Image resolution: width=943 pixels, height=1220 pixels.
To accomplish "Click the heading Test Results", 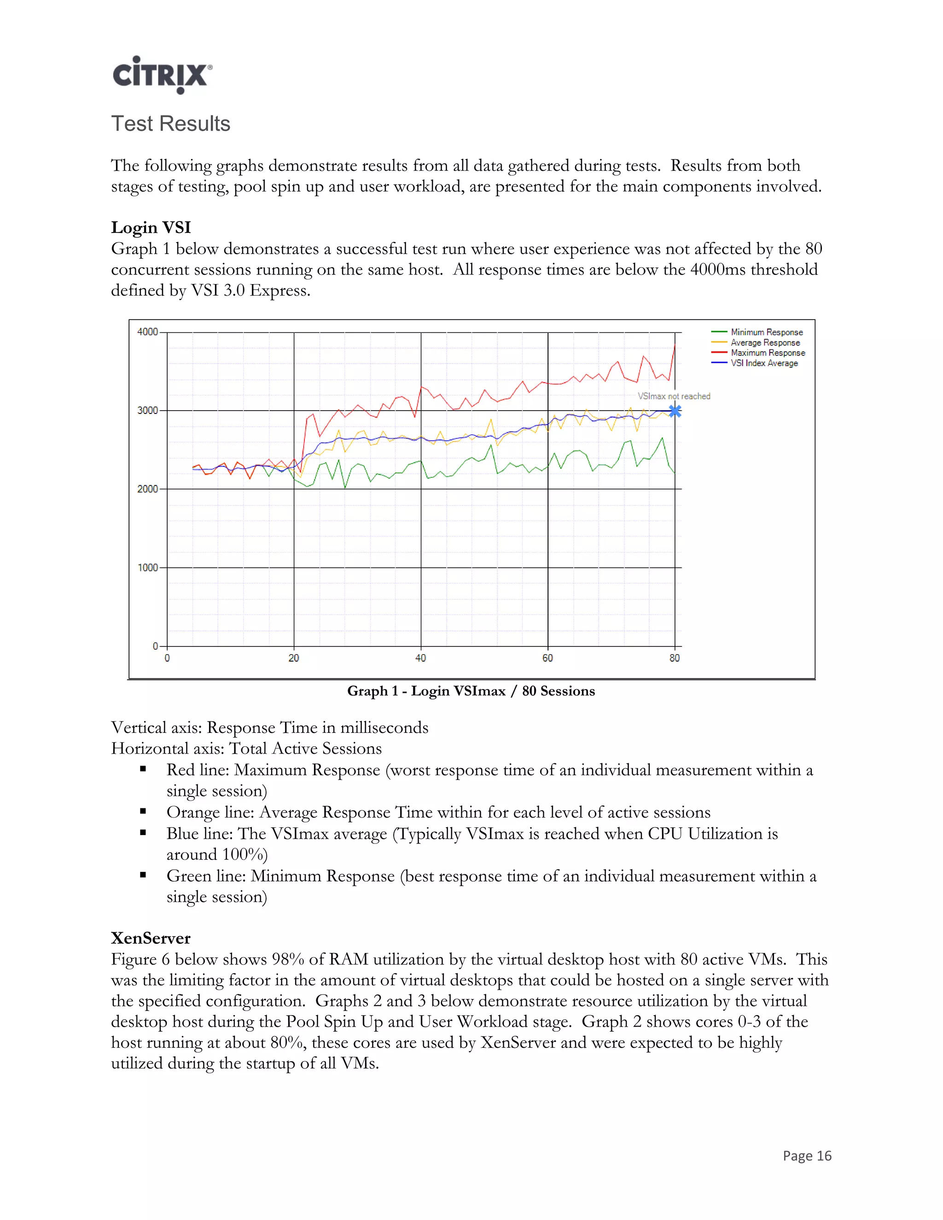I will (170, 123).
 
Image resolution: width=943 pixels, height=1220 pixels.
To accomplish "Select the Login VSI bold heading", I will (151, 227).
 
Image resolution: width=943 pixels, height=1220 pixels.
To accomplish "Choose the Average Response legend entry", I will (765, 343).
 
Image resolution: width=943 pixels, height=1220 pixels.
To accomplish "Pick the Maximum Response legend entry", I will (768, 353).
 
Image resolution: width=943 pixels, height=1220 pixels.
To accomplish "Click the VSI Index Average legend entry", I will (764, 363).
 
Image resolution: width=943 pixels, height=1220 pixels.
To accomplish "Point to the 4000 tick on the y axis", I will (147, 332).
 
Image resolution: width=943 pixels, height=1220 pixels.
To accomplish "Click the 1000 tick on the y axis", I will (147, 568).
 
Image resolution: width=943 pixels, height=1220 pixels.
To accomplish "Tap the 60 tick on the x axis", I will (547, 658).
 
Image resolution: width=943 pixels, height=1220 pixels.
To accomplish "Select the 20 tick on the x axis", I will (294, 658).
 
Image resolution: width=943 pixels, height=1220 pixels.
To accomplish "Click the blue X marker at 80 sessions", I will (675, 411).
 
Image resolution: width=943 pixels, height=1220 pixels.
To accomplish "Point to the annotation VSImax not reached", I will (674, 396).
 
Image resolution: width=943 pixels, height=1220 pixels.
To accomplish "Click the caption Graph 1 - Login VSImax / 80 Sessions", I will (471, 691).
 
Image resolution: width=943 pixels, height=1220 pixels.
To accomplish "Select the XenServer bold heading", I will (151, 938).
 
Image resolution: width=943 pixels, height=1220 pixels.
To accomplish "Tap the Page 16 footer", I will (807, 1156).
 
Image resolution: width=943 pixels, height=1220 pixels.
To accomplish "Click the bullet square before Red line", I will (143, 769).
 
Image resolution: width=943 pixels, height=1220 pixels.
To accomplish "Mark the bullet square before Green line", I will (143, 875).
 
